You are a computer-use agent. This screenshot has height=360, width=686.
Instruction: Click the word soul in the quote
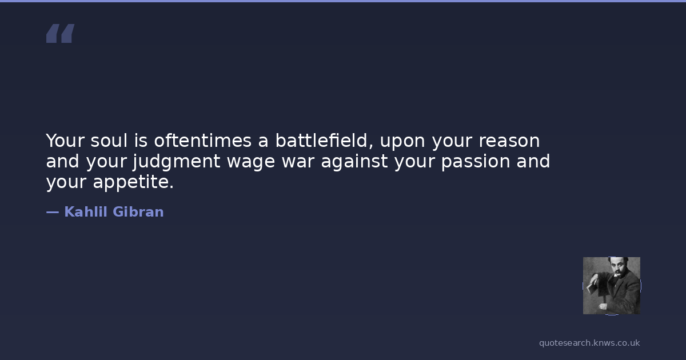pos(109,141)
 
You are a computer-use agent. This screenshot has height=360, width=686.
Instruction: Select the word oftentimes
pos(202,141)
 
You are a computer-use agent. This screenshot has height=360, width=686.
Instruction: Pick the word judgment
pos(177,162)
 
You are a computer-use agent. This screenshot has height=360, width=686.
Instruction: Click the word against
pos(354,162)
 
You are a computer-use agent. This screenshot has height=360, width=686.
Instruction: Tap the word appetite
pos(133,183)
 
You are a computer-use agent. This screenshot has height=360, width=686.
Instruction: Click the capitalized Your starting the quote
pos(65,141)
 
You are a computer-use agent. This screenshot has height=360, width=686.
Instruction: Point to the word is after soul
pos(141,141)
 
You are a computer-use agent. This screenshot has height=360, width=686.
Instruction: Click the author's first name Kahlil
pos(86,212)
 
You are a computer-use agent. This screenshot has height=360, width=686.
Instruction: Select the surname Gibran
pos(138,212)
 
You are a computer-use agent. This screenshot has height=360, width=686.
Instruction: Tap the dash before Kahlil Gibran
pos(53,212)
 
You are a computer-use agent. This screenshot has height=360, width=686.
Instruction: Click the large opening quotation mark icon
pos(61,33)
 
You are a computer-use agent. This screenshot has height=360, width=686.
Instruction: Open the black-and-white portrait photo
pos(612,286)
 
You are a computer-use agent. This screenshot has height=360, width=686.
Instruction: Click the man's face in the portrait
pos(616,267)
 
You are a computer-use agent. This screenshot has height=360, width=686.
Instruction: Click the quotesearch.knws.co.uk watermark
pos(589,343)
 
